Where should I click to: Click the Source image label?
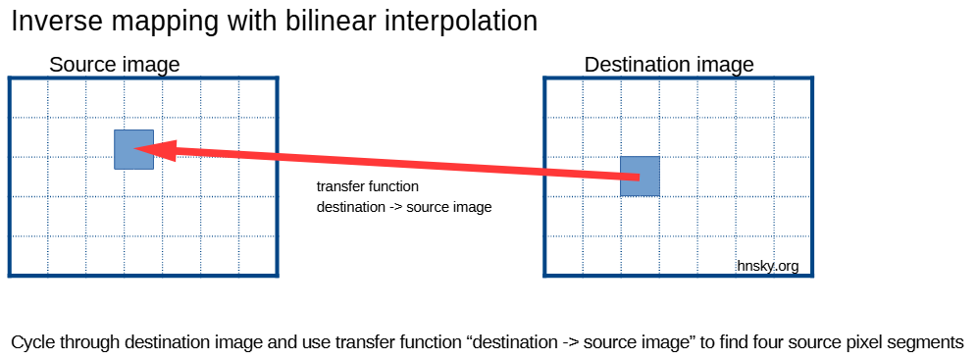[x=115, y=65]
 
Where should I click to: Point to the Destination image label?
[x=669, y=65]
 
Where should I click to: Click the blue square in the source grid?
[x=134, y=149]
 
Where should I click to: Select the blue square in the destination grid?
[x=640, y=177]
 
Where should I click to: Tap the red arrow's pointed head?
[x=134, y=148]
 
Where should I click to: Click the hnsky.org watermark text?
[x=768, y=267]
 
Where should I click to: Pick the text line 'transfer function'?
[x=368, y=186]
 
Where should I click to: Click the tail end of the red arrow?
[x=640, y=179]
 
